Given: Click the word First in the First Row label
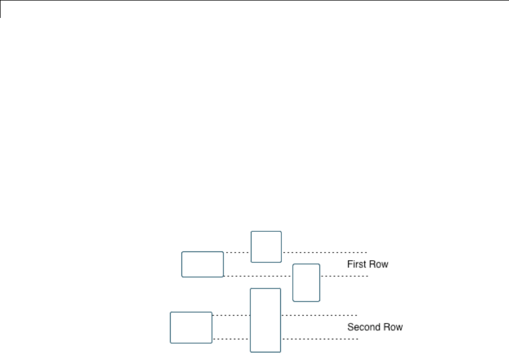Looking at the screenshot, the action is coord(356,264).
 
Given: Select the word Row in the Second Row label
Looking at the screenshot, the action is coord(393,327).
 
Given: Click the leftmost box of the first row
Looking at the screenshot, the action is coord(202,264).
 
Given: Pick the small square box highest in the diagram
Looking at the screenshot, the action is coord(266,247).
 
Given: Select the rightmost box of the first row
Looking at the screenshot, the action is coord(306,282).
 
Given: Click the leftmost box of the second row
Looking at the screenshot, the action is coord(191,327).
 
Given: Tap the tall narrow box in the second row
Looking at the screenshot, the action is coord(265,320).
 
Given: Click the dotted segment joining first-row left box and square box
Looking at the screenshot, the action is coord(237,252).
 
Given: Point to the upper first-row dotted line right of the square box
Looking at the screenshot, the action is coord(325,252).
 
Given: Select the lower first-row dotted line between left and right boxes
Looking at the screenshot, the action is coord(258,276).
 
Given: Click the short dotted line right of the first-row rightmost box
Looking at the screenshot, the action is coord(344,276).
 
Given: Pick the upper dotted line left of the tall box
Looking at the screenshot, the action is coord(231,315).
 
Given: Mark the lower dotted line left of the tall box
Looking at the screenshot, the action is coord(231,339).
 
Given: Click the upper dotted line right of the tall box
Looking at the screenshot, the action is coord(319,315).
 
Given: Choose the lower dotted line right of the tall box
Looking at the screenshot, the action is coord(319,339).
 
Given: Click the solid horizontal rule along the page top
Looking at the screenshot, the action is coord(254,1).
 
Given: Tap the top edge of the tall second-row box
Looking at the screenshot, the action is coord(265,289).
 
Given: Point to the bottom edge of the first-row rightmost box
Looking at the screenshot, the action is coord(306,301).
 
